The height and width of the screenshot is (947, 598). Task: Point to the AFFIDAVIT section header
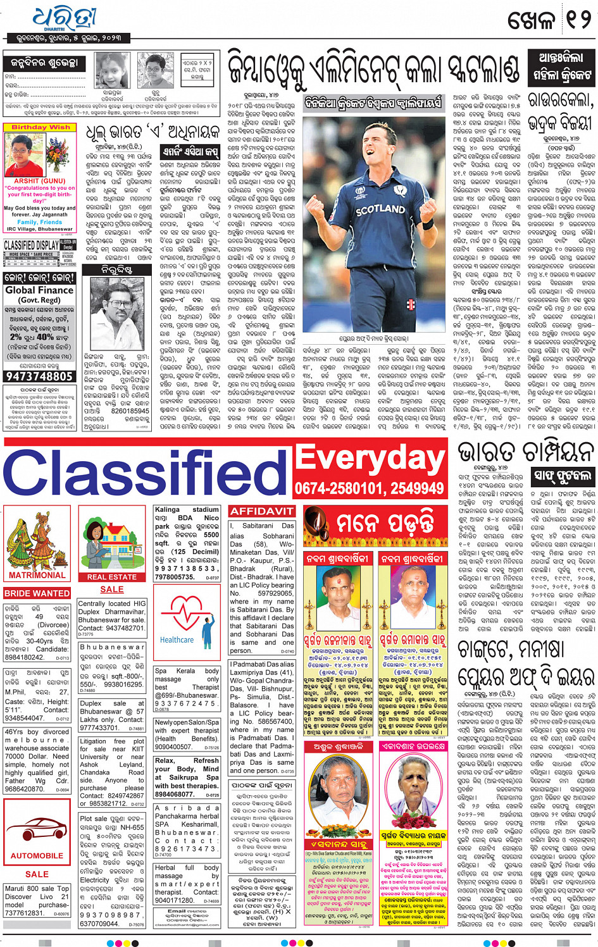(x=261, y=511)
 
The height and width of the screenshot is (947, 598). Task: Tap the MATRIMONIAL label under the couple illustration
(x=37, y=575)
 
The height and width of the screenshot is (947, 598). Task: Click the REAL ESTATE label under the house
(x=112, y=577)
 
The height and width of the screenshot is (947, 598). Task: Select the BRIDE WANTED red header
(x=37, y=593)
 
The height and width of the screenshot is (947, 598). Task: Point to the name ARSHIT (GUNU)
(x=40, y=181)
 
